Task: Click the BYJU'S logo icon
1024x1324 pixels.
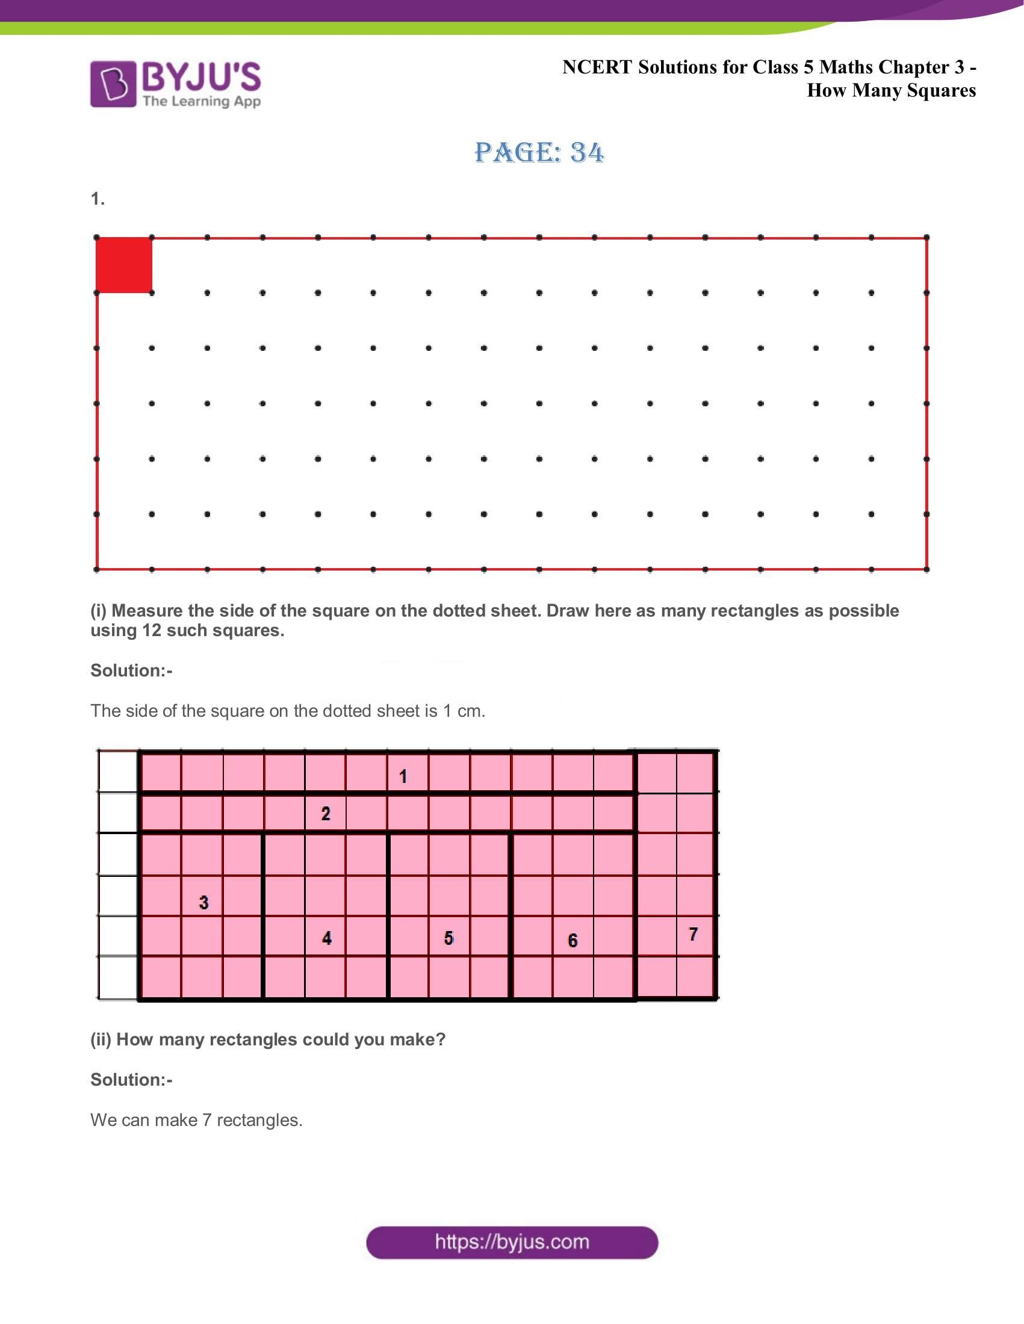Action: coord(113,84)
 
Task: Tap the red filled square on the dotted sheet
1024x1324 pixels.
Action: coord(124,265)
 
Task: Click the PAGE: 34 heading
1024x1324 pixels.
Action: coord(539,152)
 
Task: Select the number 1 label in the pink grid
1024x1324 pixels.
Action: coord(403,776)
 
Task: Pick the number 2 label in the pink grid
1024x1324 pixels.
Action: coord(326,814)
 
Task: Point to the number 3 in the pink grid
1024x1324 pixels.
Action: coord(203,903)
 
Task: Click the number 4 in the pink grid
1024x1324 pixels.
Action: coord(327,938)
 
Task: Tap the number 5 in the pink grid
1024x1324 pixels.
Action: coord(448,938)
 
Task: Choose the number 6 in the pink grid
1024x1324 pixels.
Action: coord(573,940)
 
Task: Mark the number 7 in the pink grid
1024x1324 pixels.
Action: coord(693,934)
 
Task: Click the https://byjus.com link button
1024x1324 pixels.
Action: coord(512,1242)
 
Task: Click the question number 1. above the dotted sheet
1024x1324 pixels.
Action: coord(98,199)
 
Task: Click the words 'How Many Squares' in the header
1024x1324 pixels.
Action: coord(890,90)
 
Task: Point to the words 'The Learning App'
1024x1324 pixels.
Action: coord(201,101)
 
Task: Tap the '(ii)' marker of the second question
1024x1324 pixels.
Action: coord(101,1039)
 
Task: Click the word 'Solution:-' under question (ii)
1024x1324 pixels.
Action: coord(132,1079)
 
